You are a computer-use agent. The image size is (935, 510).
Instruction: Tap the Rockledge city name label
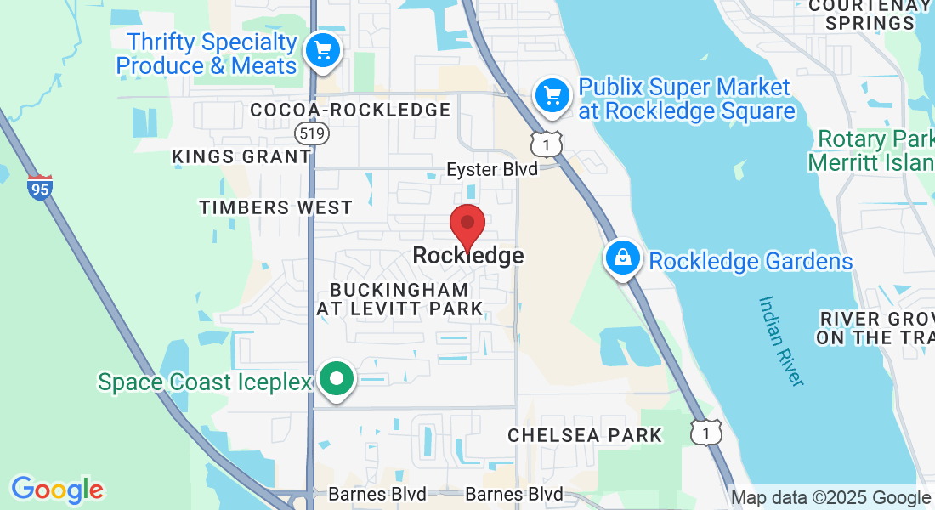click(467, 255)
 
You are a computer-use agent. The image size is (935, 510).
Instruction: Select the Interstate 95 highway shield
click(40, 187)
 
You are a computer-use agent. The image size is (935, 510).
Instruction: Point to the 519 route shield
click(312, 133)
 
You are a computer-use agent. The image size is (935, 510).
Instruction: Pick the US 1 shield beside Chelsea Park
click(705, 433)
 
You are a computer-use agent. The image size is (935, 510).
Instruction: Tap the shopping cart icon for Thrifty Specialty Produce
click(322, 48)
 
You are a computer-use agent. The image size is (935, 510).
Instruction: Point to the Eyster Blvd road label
click(492, 169)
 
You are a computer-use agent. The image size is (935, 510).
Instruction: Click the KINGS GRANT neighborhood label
click(241, 156)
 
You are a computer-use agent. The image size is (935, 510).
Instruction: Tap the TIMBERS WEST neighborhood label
click(275, 207)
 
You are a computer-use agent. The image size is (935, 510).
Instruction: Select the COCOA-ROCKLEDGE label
click(350, 110)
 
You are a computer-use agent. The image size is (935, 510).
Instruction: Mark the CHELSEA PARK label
click(585, 435)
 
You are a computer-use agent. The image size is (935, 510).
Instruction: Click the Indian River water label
click(781, 341)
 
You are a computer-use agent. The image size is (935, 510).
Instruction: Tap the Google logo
click(57, 490)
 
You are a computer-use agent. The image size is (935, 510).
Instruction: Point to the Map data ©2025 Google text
click(830, 498)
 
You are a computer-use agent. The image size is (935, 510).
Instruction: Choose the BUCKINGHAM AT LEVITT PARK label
click(399, 299)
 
